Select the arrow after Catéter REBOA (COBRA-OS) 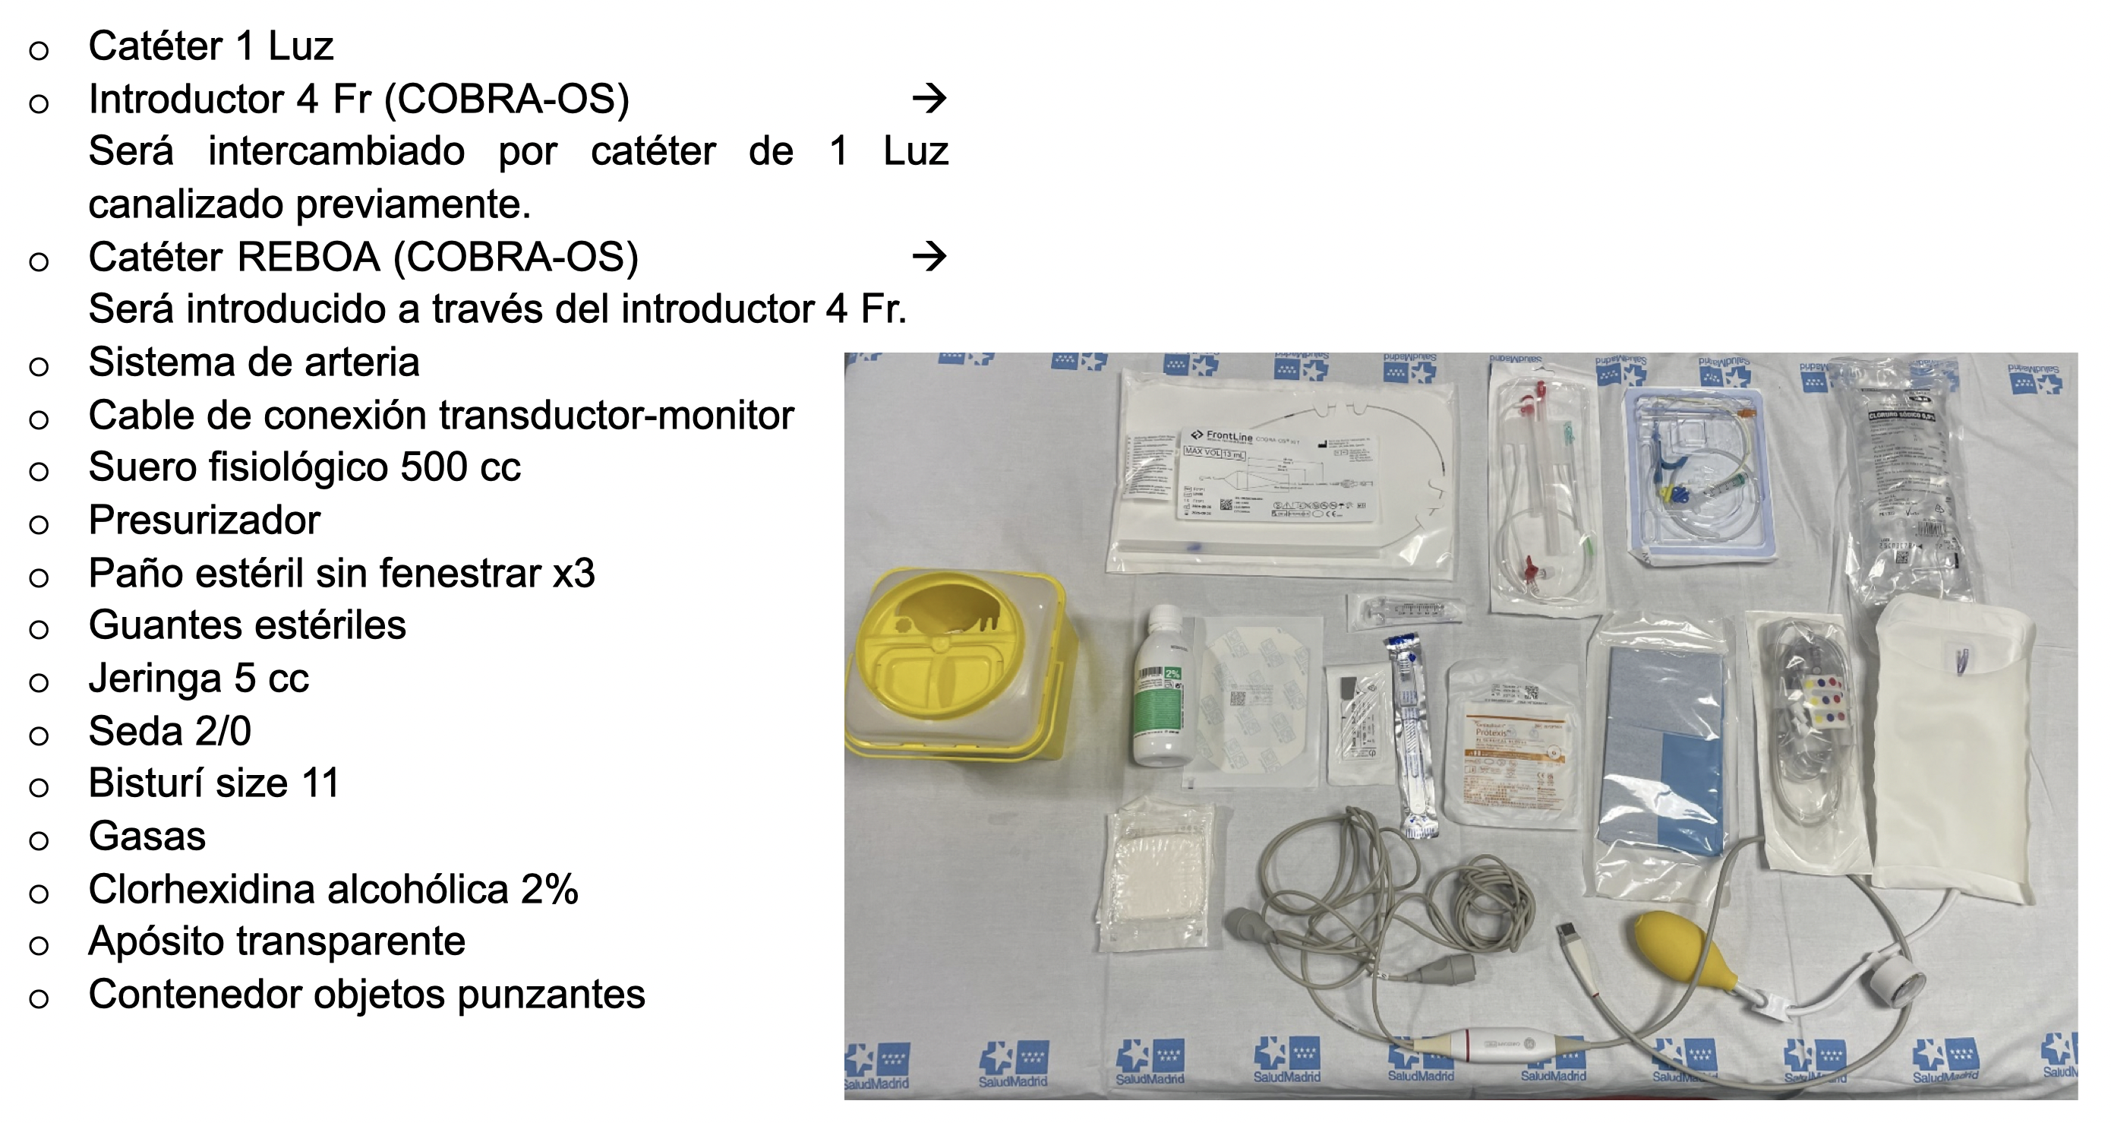929,257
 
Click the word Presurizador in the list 204,520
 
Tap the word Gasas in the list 147,836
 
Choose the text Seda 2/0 169,731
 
